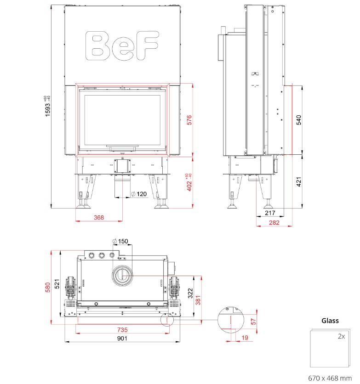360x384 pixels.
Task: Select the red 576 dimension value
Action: click(x=189, y=120)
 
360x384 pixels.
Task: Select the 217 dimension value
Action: click(x=270, y=214)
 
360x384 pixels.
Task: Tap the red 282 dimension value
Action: click(x=274, y=223)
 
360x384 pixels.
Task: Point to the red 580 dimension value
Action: click(x=48, y=287)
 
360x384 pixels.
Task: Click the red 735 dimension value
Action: click(x=122, y=330)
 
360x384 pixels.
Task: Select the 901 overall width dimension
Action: click(x=122, y=339)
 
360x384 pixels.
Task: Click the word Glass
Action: click(x=330, y=321)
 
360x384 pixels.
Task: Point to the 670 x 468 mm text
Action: click(x=330, y=378)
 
